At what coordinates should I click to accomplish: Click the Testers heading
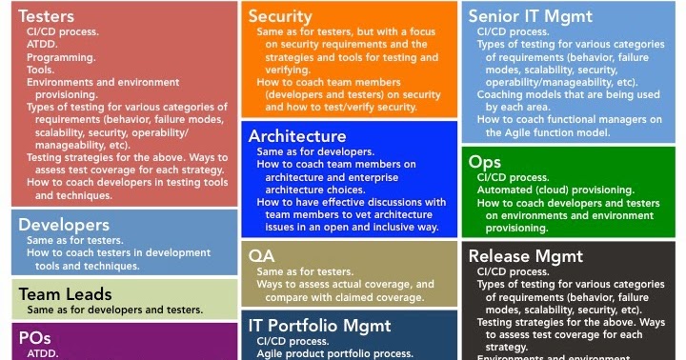click(x=48, y=15)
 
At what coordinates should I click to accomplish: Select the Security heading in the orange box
click(x=279, y=15)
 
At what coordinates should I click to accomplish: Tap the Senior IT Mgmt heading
click(x=530, y=15)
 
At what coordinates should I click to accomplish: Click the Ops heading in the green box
click(x=485, y=162)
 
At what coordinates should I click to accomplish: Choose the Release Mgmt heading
click(x=526, y=256)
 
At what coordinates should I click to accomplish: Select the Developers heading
click(x=64, y=225)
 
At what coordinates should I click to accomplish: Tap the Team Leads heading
click(x=66, y=293)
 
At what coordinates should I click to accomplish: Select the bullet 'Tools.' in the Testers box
click(x=42, y=70)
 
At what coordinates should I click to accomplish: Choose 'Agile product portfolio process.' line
click(x=334, y=353)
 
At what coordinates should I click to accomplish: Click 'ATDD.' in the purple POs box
click(x=43, y=352)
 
